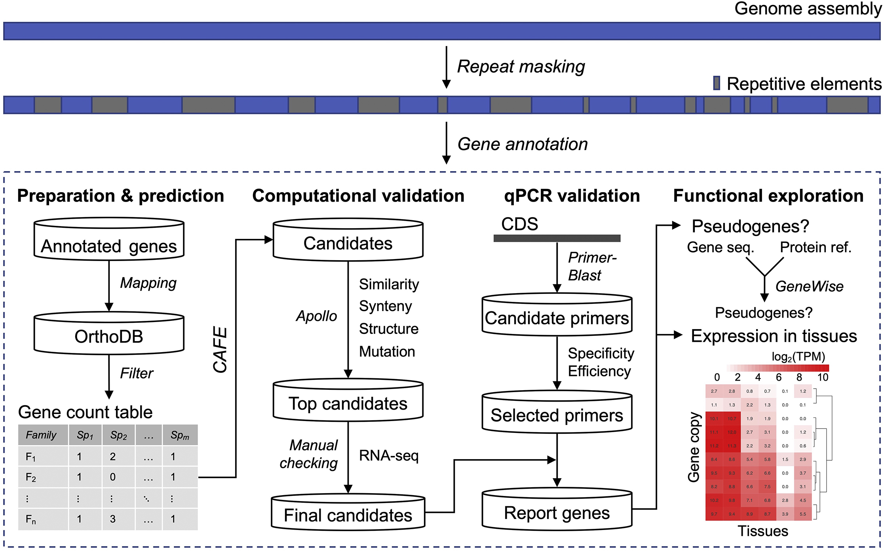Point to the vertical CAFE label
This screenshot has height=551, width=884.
tap(220, 349)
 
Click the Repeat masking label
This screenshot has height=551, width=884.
tap(521, 67)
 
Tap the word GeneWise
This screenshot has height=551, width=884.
tap(809, 286)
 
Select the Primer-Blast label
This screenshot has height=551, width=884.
tap(591, 266)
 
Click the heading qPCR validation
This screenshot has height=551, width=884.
tap(572, 196)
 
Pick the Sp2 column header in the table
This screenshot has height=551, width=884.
tap(118, 435)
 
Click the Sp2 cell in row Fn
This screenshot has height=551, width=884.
tap(113, 519)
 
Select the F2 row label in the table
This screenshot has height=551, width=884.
tap(31, 477)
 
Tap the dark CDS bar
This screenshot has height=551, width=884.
tap(557, 238)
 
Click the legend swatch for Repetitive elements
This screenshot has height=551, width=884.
tap(717, 83)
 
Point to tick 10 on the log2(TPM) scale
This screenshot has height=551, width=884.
tap(823, 377)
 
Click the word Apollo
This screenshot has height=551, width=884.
tap(316, 316)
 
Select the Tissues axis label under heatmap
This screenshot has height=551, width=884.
tap(762, 531)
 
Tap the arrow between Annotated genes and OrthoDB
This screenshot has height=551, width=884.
tap(109, 285)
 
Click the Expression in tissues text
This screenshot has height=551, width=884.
tap(774, 336)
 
